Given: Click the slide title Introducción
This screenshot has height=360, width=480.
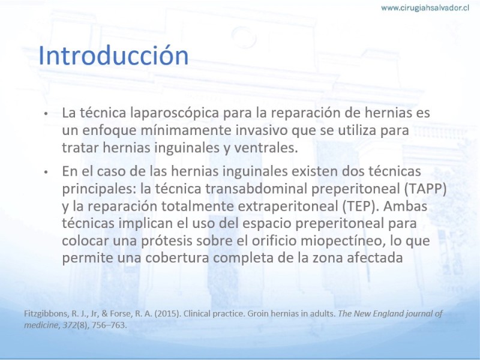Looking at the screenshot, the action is (x=113, y=55).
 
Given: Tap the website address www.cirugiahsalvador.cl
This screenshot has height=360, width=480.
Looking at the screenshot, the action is (x=425, y=8).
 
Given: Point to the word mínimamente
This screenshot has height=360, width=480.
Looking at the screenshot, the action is (x=188, y=130).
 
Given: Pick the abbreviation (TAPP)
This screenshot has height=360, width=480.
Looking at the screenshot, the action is (x=425, y=188).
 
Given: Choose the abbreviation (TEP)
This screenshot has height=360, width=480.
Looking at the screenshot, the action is (x=361, y=206).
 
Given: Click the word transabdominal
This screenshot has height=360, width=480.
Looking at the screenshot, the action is (x=256, y=188).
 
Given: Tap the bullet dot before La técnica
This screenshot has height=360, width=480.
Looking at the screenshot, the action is (x=46, y=113).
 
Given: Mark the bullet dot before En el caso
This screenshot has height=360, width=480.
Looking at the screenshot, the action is (x=46, y=172).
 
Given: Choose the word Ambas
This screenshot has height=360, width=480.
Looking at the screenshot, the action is (x=406, y=206).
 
